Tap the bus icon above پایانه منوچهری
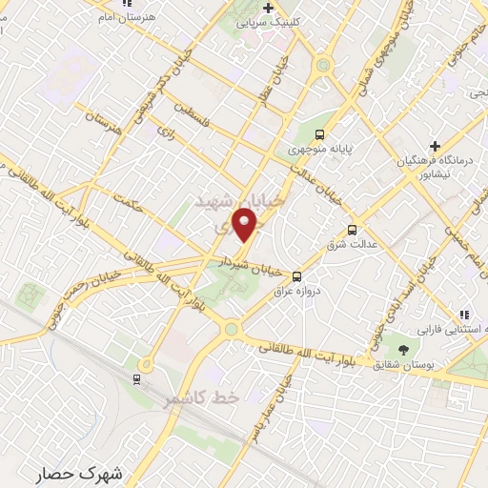point(320,134)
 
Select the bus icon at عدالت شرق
point(353,230)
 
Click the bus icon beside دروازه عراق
point(297,274)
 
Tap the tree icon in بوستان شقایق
point(402,351)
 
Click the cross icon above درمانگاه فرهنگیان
point(435,146)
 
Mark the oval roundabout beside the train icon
point(145,364)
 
